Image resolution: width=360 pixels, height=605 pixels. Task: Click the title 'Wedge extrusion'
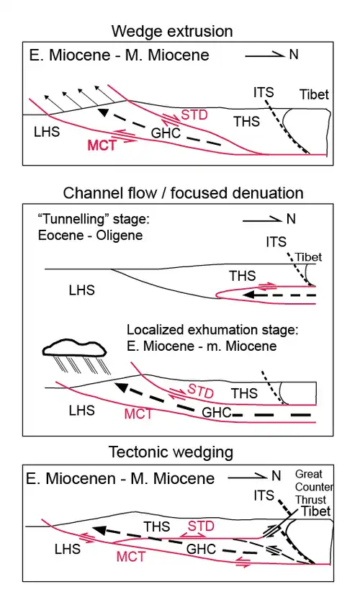(x=172, y=31)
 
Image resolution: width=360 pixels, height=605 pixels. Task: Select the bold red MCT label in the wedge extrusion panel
(x=102, y=145)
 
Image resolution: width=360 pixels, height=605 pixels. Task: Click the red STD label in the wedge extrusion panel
(x=194, y=115)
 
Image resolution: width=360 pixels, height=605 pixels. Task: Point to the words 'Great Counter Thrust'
(x=314, y=487)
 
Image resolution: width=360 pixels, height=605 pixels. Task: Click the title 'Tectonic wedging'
(x=171, y=452)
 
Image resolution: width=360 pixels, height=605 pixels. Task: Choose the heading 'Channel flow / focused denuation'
(x=183, y=193)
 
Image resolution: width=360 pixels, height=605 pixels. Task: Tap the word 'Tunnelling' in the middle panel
(x=71, y=219)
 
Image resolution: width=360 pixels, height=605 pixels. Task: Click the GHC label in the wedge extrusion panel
(x=166, y=133)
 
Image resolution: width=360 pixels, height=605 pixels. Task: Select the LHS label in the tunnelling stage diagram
(x=82, y=290)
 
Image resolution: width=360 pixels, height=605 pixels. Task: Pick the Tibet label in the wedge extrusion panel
(x=314, y=94)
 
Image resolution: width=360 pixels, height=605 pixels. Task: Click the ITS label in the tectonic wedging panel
(x=264, y=495)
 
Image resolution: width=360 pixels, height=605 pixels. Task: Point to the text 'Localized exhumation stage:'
(x=213, y=330)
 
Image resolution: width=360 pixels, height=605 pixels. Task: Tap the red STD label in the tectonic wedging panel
(x=201, y=526)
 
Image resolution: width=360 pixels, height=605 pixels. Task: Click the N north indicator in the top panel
(x=294, y=55)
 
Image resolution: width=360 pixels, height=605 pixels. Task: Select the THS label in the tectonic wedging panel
(x=157, y=526)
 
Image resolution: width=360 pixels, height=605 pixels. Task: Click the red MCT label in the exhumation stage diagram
(x=138, y=413)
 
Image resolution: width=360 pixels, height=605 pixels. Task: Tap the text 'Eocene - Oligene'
(x=90, y=236)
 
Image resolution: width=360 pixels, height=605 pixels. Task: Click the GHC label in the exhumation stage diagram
(x=217, y=413)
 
